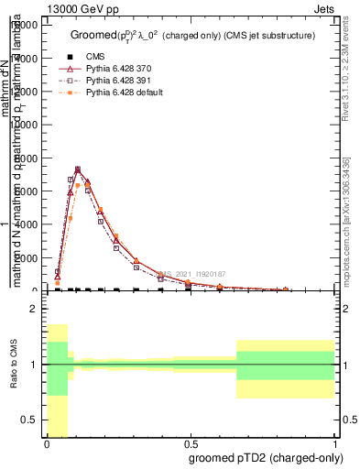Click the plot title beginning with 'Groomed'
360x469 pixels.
(192, 35)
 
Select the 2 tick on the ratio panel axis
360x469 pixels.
(34, 310)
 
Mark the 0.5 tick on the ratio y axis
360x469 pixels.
(31, 420)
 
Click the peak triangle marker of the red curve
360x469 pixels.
(78, 169)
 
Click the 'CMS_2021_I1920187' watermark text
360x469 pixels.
(190, 274)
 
